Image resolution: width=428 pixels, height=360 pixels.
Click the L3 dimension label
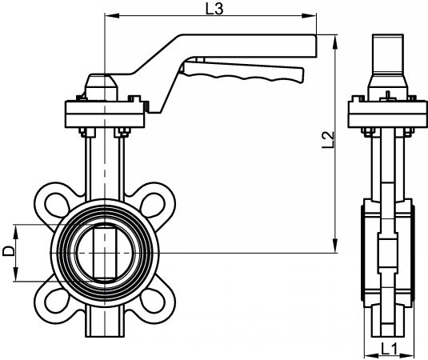tap(214, 9)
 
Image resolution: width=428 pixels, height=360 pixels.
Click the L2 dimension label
tap(328, 140)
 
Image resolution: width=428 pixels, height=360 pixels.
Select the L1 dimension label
tap(390, 349)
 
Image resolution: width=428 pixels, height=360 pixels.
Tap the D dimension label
tap(8, 251)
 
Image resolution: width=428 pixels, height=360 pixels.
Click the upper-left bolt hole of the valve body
tap(57, 205)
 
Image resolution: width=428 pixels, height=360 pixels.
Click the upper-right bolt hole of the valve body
tap(153, 205)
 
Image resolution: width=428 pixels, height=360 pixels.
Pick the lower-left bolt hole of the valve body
tap(57, 301)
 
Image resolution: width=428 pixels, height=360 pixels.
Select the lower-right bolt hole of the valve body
tap(153, 301)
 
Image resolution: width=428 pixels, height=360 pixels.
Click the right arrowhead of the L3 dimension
tap(309, 16)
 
